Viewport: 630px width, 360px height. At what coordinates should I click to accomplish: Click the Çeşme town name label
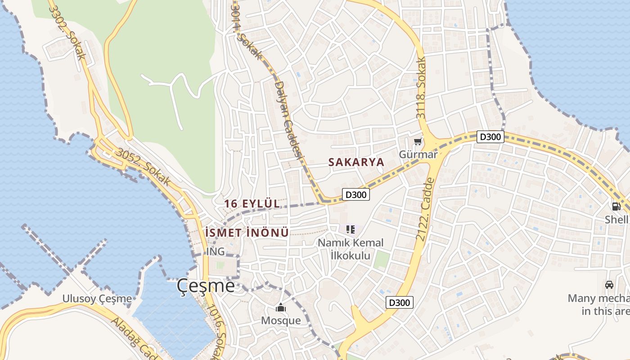coord(206,285)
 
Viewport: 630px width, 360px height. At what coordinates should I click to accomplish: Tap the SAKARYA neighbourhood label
coord(356,162)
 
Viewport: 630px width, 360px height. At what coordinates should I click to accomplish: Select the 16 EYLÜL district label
coord(252,203)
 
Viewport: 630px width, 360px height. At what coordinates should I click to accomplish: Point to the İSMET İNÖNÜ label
coord(246,233)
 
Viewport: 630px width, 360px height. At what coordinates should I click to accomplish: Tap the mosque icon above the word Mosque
coord(281,308)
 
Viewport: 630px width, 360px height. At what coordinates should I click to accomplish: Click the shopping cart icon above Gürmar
coord(418,142)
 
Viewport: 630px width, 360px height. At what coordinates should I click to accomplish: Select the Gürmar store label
coord(418,154)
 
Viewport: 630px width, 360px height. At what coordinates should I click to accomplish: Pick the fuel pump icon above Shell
coord(616,207)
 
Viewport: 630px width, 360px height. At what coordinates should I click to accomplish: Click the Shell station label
coord(616,220)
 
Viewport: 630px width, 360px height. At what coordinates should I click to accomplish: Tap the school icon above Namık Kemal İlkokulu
coord(351,230)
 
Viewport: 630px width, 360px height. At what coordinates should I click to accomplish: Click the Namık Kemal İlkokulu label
coord(351,249)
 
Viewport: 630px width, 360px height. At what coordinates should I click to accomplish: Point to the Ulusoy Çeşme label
coord(97,298)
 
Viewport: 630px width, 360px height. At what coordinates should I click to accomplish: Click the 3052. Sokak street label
coord(143,167)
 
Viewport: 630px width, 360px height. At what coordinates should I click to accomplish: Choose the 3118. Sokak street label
coord(421,88)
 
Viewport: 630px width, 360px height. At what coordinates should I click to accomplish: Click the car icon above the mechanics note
coord(609,285)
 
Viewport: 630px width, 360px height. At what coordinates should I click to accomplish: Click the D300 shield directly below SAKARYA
coord(356,194)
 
